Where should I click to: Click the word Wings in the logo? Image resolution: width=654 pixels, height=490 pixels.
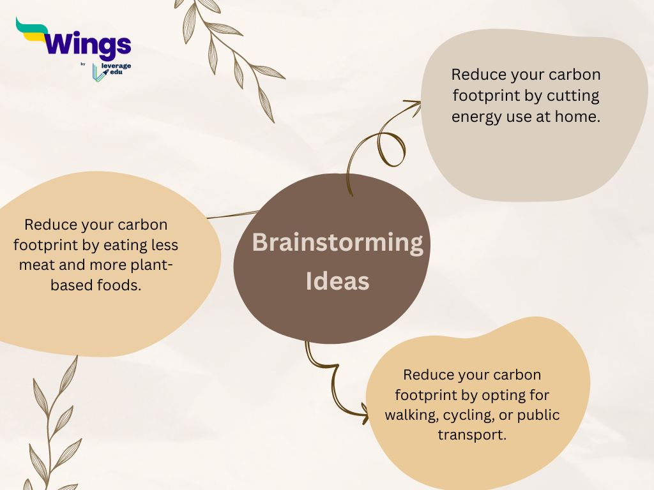pos(87,45)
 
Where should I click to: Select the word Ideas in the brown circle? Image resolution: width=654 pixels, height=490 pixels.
pos(337,281)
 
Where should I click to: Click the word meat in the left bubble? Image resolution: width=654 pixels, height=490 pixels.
pos(36,265)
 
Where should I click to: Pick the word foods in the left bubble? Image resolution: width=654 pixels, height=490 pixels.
pos(119,285)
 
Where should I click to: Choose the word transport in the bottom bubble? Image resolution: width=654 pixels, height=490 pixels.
pos(472,435)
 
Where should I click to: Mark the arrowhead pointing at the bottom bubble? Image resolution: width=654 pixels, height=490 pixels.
pos(365,413)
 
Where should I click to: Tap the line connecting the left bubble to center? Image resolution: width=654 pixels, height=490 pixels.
pos(232,214)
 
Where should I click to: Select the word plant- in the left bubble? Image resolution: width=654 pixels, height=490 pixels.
pos(152,265)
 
